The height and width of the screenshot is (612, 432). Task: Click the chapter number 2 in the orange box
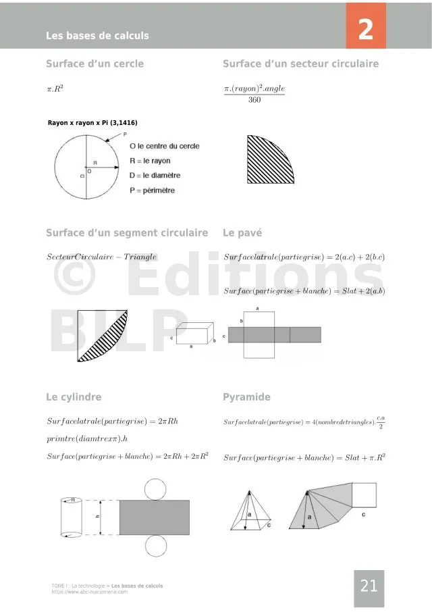366,29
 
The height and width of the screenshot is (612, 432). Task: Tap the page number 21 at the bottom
369,586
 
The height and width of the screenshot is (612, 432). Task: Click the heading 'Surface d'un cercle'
94,64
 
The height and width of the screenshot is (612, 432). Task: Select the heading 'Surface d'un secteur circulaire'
300,64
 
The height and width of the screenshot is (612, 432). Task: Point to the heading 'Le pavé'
242,233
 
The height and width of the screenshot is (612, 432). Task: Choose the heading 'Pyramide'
246,397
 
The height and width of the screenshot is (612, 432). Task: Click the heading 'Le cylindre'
74,397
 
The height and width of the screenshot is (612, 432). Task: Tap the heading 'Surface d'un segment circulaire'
127,233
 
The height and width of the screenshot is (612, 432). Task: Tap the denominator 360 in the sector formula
254,101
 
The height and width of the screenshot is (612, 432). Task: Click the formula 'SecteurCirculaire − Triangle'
101,257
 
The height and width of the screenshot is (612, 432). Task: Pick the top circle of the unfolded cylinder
155,488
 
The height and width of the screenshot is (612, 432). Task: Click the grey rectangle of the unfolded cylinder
154,517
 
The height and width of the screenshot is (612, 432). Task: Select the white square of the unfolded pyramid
364,494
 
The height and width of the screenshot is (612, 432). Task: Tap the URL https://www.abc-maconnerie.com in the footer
89,592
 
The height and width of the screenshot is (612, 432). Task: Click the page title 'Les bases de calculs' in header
97,36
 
